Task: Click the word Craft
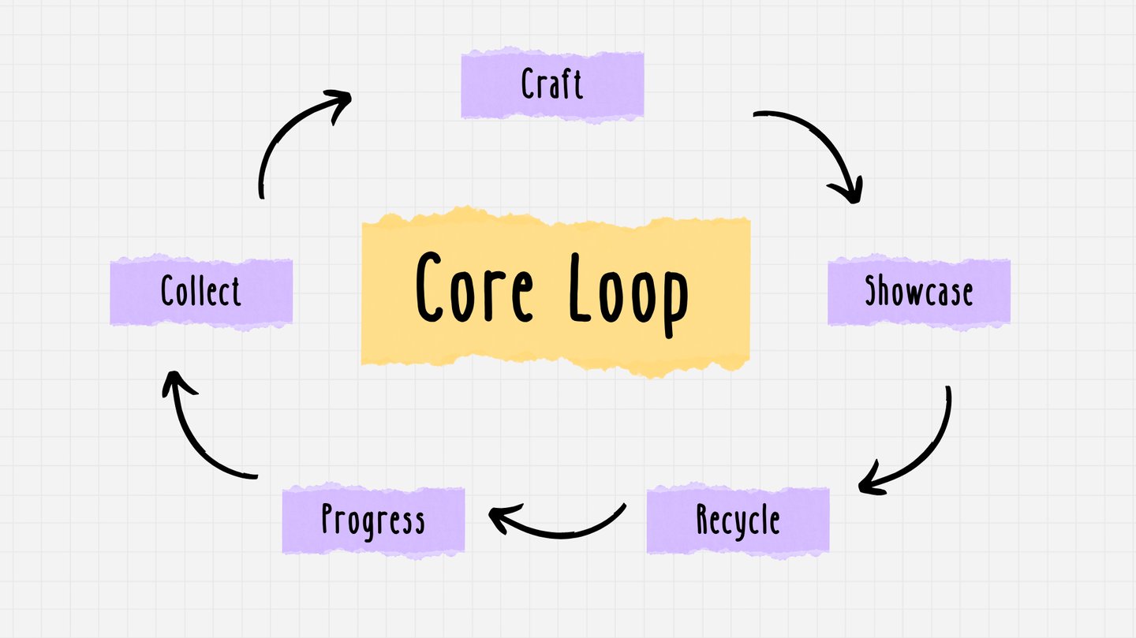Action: [552, 84]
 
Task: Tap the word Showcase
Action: [919, 291]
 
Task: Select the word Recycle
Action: [738, 520]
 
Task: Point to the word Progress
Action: [373, 520]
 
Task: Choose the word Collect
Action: [201, 291]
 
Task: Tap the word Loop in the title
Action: [628, 290]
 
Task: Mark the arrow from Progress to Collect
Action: [194, 442]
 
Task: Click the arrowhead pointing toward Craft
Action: [339, 103]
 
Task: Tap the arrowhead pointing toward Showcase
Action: [849, 192]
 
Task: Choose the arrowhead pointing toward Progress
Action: [500, 518]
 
